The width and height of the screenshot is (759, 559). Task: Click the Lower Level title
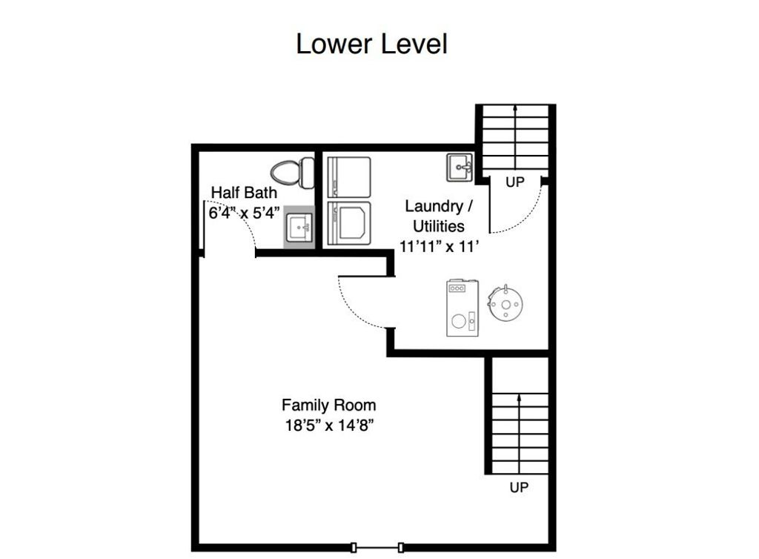point(371,44)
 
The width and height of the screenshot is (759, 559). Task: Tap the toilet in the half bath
point(292,173)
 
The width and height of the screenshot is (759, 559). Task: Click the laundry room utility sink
point(460,168)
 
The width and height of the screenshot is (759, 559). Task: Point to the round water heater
point(506,303)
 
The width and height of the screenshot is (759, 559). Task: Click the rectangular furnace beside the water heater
point(463,308)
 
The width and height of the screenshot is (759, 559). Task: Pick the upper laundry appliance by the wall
point(349,177)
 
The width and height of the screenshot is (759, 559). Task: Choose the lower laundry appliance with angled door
point(349,223)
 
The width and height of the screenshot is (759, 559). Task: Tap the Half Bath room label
point(244,193)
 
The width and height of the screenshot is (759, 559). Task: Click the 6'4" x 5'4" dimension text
point(245,213)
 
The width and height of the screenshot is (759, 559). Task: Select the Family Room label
point(328,405)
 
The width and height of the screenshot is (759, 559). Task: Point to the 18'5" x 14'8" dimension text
point(330,426)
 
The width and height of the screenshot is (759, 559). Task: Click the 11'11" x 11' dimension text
point(439,246)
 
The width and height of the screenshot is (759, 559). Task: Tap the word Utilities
point(439,226)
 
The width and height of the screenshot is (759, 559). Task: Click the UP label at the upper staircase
point(515,182)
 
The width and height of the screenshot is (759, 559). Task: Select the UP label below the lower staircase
point(519,487)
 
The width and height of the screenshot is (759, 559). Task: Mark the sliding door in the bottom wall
point(377,547)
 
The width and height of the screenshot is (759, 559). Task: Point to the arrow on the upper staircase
point(515,136)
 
